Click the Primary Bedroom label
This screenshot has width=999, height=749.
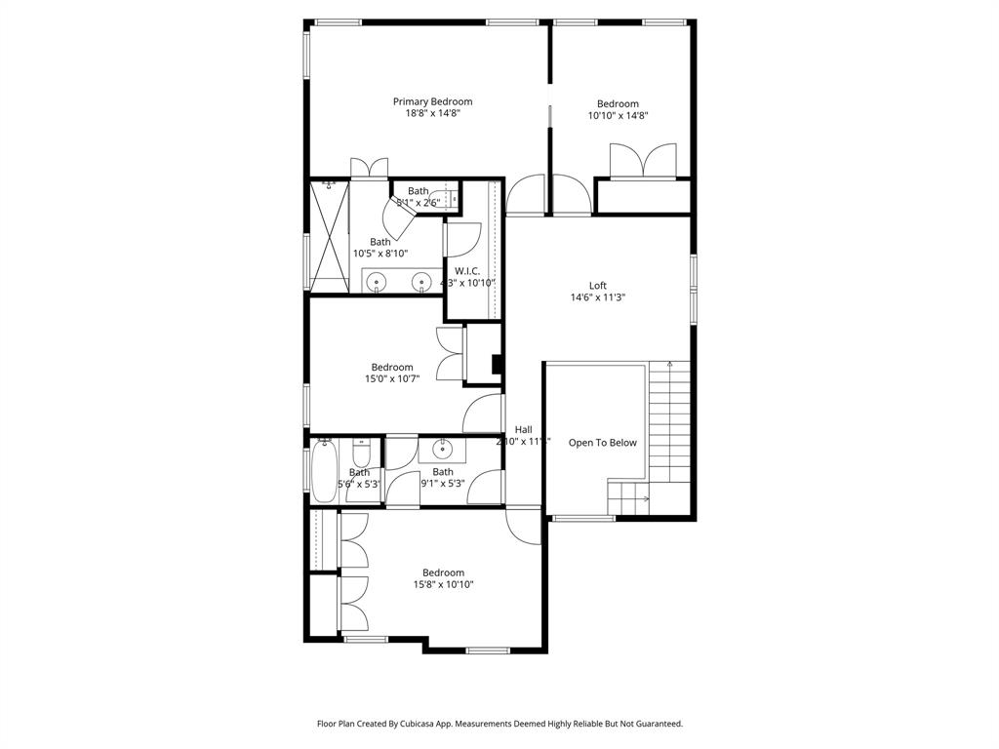[x=432, y=101]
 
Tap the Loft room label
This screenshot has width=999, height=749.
[x=597, y=286]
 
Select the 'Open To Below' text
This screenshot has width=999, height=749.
[x=602, y=443]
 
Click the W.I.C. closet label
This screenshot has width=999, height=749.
[x=467, y=271]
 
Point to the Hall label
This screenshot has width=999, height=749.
[x=523, y=429]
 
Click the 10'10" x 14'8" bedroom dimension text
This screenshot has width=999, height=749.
[x=618, y=116]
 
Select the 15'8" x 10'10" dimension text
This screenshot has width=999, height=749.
[x=443, y=585]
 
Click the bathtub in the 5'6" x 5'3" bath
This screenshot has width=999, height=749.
[x=323, y=472]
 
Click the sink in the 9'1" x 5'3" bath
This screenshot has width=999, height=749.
[x=442, y=450]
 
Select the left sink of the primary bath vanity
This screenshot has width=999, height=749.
[x=378, y=283]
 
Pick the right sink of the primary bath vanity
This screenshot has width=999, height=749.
[x=422, y=283]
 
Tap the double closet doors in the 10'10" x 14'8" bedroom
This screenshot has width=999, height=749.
[x=642, y=161]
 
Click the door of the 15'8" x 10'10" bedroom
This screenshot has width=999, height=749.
[x=524, y=526]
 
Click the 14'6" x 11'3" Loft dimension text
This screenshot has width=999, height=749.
[x=597, y=298]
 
